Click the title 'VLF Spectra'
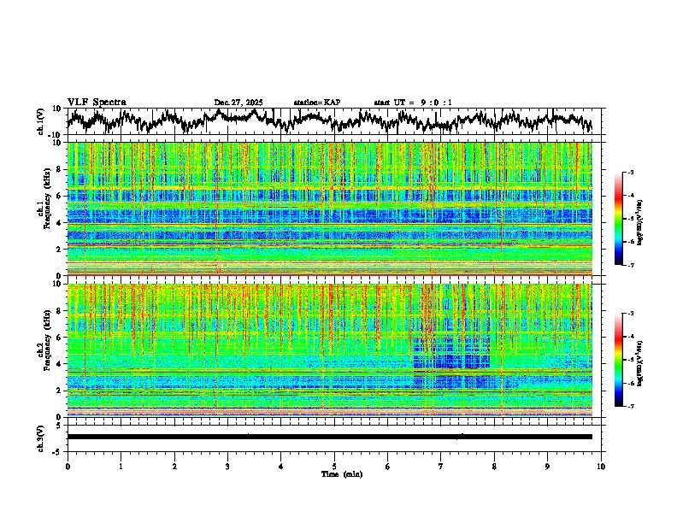click(97, 102)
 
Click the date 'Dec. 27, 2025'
click(238, 103)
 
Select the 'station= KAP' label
click(317, 103)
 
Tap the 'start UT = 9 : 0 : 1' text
click(413, 103)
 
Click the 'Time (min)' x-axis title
click(334, 473)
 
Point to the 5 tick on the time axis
click(334, 466)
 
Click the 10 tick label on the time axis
click(601, 466)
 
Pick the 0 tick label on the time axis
click(68, 466)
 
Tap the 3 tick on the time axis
click(227, 466)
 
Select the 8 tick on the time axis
click(494, 466)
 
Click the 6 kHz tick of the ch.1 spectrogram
click(61, 196)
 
